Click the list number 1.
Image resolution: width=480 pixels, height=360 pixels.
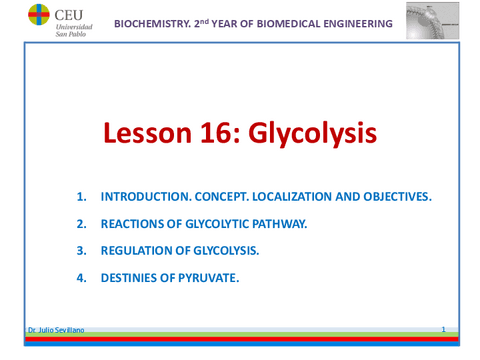click(x=81, y=197)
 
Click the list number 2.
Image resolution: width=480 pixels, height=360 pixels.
click(x=81, y=224)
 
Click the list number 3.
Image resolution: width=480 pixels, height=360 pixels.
click(x=81, y=250)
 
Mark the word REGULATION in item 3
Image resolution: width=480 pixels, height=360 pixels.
click(x=141, y=250)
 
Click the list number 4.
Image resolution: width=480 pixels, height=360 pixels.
click(x=81, y=277)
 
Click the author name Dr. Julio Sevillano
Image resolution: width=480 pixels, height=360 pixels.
click(x=57, y=330)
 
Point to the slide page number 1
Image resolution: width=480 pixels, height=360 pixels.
click(x=443, y=328)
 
